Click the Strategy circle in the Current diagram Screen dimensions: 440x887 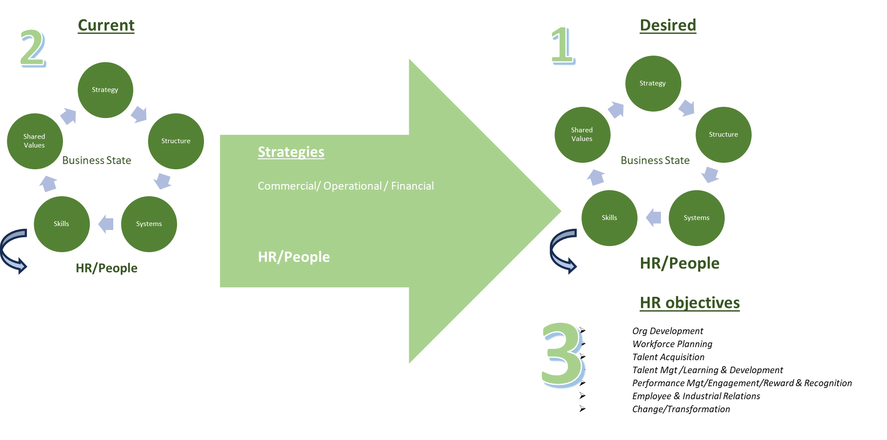105,90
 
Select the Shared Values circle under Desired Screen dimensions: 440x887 582,135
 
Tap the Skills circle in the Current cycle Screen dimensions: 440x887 62,224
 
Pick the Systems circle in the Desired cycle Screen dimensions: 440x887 696,218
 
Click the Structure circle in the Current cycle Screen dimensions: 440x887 176,141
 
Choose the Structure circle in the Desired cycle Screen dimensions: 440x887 723,135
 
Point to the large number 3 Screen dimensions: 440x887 563,355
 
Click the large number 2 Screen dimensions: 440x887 33,48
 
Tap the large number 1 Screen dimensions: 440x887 563,45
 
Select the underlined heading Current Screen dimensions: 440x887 106,25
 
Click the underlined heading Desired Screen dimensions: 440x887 668,25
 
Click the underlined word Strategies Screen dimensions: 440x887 291,152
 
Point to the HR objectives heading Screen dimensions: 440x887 690,302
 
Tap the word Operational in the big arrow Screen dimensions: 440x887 352,186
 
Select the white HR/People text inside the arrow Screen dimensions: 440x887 294,257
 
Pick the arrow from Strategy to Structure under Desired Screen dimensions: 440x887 687,108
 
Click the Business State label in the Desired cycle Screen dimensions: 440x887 655,161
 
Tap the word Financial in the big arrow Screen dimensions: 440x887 412,186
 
